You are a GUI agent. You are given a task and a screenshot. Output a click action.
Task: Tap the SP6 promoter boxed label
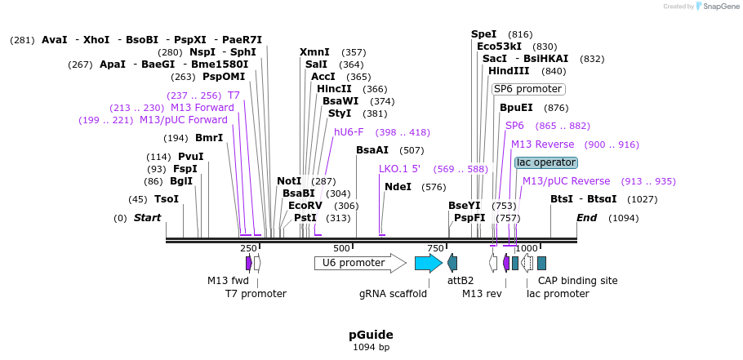click(527, 89)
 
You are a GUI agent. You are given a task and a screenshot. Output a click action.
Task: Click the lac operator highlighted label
click(546, 162)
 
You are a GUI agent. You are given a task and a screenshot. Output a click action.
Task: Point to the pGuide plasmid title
click(371, 335)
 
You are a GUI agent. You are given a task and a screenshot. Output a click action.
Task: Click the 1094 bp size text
click(371, 347)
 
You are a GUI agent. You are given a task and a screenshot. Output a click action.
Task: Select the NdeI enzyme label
click(398, 187)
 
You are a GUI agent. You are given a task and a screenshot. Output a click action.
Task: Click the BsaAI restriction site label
click(372, 150)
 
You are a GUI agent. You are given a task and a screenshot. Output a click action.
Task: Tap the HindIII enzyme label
click(509, 71)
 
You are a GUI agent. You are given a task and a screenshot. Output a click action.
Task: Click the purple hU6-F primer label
click(349, 132)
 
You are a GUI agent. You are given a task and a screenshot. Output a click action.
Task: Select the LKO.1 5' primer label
click(399, 169)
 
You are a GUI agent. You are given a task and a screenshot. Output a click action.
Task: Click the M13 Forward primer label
click(202, 108)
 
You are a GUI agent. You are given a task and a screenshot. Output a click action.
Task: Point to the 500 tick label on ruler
click(341, 248)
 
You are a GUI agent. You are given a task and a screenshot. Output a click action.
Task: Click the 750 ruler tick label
click(435, 248)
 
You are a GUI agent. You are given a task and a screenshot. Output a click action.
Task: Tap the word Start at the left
click(147, 218)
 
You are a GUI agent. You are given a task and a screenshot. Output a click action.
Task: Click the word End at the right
click(586, 218)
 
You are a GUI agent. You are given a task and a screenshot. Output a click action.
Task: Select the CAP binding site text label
click(577, 281)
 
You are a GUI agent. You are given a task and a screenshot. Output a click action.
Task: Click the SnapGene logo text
click(720, 6)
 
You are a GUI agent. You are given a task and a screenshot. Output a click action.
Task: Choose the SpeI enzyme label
click(483, 34)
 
